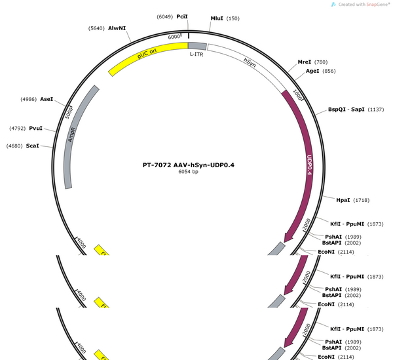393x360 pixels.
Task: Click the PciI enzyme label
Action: (x=182, y=16)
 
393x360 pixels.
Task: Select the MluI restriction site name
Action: (x=217, y=18)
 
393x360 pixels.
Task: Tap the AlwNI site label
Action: (x=117, y=28)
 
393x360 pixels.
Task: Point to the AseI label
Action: (x=47, y=99)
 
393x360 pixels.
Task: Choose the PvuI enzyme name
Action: (x=35, y=128)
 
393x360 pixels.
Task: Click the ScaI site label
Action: (x=33, y=146)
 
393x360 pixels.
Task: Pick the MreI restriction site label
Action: (x=305, y=62)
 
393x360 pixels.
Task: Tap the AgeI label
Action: (x=312, y=71)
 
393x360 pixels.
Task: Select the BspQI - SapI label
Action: (x=346, y=110)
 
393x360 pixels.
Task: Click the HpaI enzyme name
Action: (x=343, y=200)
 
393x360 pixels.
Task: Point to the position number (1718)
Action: (x=361, y=200)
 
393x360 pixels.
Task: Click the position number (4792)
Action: (x=17, y=129)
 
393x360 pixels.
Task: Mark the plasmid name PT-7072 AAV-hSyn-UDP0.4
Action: (x=189, y=165)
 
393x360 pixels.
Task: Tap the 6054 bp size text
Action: (x=188, y=172)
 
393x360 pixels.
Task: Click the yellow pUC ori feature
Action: (x=148, y=59)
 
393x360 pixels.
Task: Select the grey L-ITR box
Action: (x=197, y=46)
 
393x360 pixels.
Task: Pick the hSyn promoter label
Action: (x=250, y=62)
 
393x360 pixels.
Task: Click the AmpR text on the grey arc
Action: (x=71, y=135)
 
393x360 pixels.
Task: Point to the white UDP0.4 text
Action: (x=310, y=165)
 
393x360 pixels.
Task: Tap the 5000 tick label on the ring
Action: (x=69, y=113)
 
